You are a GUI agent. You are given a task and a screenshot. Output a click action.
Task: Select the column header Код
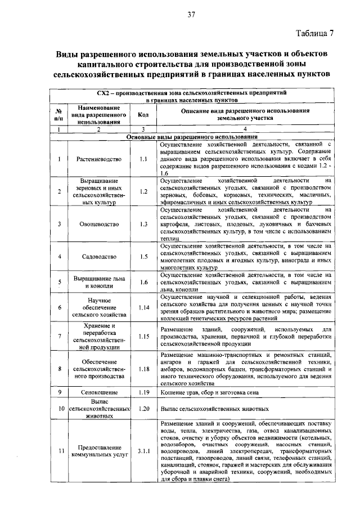tap(143, 115)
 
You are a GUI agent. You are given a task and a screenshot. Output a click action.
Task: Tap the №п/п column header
tap(58, 115)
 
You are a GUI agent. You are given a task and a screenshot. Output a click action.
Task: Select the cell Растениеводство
tap(99, 159)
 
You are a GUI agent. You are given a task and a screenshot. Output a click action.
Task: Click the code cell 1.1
tap(143, 159)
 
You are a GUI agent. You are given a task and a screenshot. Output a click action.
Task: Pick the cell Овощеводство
tap(99, 224)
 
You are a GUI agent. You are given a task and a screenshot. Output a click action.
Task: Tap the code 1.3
tap(143, 224)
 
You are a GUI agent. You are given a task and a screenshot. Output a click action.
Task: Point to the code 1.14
tap(143, 308)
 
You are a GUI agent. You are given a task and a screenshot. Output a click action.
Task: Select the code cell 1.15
tap(143, 337)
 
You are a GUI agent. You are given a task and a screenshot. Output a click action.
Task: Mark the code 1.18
tap(143, 369)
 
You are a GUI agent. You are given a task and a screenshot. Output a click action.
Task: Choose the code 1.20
tap(143, 409)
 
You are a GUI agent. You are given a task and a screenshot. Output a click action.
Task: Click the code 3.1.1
tap(143, 451)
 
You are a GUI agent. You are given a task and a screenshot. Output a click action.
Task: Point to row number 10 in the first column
tap(58, 409)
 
